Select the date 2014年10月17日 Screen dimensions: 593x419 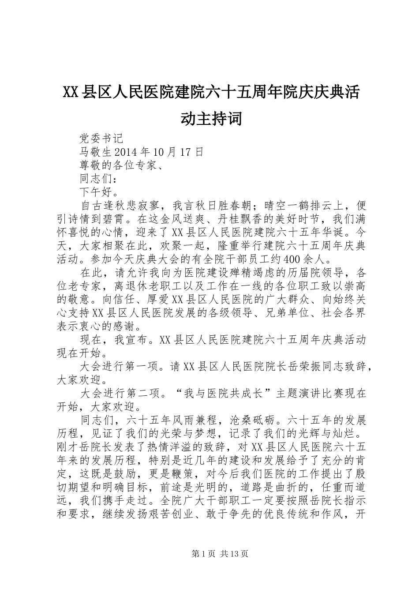(x=159, y=152)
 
